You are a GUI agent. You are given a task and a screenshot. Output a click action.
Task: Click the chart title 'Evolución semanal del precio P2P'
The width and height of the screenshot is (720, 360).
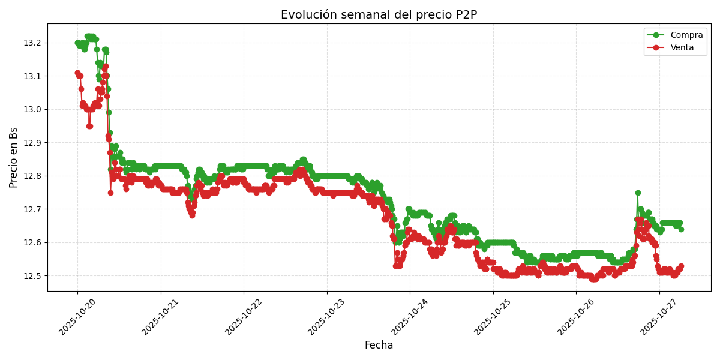tap(379, 15)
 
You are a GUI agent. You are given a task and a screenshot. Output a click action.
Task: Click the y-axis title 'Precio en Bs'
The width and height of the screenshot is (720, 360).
tap(14, 157)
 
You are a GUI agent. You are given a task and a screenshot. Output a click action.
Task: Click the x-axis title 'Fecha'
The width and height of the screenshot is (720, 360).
tap(379, 346)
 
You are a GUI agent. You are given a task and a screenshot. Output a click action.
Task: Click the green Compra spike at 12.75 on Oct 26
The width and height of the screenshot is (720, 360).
tap(638, 193)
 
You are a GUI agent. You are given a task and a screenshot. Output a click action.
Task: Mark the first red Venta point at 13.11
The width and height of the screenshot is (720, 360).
tap(77, 73)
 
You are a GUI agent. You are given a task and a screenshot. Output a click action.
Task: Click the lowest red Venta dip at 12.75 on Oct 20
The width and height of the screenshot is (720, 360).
tap(110, 193)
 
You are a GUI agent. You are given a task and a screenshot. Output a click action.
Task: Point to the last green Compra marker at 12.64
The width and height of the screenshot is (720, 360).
tap(681, 229)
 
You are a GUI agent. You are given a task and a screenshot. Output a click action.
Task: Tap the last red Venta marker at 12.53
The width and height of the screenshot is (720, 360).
tap(681, 266)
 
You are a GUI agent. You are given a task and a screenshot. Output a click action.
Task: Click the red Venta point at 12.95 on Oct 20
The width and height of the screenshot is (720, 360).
tap(89, 126)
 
